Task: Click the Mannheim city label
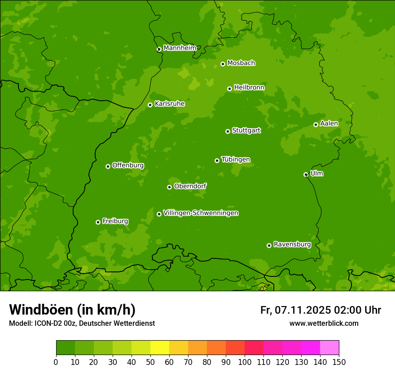pyautogui.click(x=180, y=48)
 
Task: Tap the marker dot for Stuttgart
pyautogui.click(x=228, y=131)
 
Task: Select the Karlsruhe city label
pyautogui.click(x=169, y=104)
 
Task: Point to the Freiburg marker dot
pyautogui.click(x=98, y=222)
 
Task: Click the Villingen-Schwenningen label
pyautogui.click(x=201, y=213)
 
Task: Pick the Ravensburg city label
pyautogui.click(x=292, y=244)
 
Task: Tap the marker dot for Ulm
pyautogui.click(x=306, y=174)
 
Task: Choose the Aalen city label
pyautogui.click(x=329, y=124)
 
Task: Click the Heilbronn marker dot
pyautogui.click(x=229, y=89)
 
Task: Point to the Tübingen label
pyautogui.click(x=235, y=160)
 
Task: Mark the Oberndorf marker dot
pyautogui.click(x=169, y=187)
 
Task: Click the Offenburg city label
pyautogui.click(x=127, y=165)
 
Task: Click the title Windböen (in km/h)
pyautogui.click(x=72, y=310)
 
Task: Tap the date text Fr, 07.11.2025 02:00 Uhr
pyautogui.click(x=320, y=310)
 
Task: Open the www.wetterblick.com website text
pyautogui.click(x=324, y=323)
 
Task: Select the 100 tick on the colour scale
pyautogui.click(x=245, y=362)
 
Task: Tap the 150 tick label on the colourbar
pyautogui.click(x=339, y=362)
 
